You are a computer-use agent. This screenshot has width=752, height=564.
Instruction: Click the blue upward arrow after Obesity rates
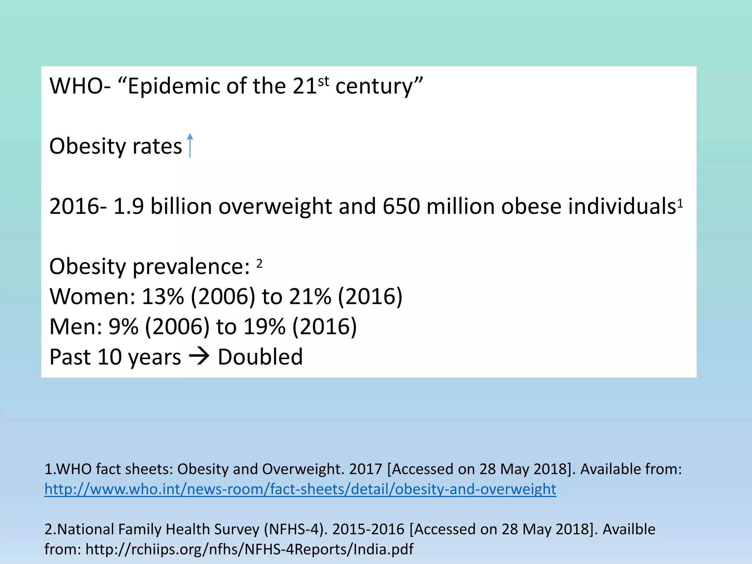(189, 145)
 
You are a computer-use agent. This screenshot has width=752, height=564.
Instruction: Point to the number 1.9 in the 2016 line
(129, 206)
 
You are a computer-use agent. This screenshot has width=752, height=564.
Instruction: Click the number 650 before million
(401, 206)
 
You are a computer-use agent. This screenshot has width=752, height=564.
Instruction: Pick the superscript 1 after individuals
(680, 203)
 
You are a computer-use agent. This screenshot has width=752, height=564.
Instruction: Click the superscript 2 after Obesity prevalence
(259, 263)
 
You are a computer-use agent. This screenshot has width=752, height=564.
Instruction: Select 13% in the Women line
(162, 296)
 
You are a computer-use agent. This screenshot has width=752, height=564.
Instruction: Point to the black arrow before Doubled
(199, 356)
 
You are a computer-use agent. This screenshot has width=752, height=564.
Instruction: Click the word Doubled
(260, 357)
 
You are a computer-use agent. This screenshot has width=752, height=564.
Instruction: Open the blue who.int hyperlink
(300, 489)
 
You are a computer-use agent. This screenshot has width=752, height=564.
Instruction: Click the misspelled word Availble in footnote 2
(629, 529)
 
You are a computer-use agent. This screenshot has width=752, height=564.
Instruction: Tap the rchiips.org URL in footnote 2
(249, 549)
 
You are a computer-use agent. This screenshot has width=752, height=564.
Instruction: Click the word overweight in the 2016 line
(275, 206)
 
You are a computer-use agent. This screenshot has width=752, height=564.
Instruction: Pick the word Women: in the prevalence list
(93, 296)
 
